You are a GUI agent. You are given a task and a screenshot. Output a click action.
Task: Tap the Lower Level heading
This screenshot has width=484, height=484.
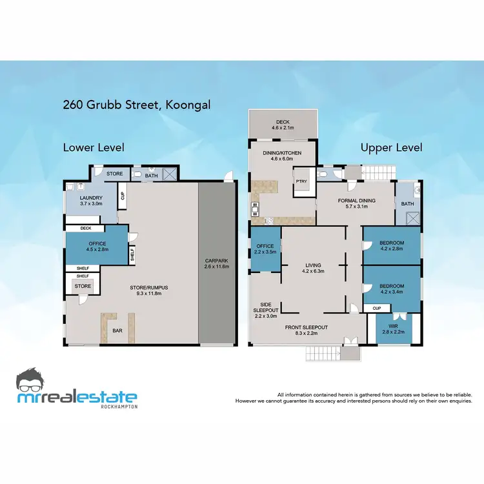click(94, 148)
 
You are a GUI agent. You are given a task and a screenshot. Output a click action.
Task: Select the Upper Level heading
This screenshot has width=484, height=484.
click(391, 148)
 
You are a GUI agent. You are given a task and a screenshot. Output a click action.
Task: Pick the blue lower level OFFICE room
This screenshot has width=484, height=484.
click(95, 246)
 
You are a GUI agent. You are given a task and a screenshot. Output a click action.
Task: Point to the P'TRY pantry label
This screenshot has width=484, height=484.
click(301, 181)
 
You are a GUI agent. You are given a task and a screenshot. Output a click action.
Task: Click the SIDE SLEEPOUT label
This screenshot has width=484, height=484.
click(265, 310)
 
